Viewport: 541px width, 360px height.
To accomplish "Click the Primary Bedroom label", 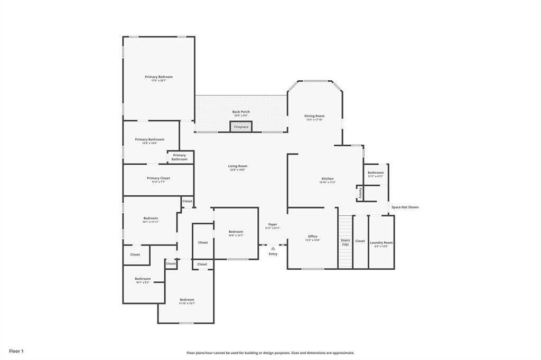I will tap(158, 77).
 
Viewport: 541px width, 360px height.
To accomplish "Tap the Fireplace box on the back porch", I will tap(241, 127).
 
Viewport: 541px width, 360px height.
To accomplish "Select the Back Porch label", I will tap(241, 112).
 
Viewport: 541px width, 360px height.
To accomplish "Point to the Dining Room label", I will tap(314, 116).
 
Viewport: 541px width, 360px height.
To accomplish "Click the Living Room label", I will tap(237, 166).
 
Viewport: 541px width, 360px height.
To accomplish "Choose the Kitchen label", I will tap(328, 179).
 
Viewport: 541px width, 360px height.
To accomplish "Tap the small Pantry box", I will tap(360, 193).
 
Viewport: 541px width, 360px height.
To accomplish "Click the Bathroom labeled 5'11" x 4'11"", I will tap(376, 173).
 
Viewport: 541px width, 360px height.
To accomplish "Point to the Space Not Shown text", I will tap(405, 207).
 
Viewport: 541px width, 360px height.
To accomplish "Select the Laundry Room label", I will tap(381, 243).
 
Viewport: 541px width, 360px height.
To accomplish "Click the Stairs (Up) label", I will tap(345, 242).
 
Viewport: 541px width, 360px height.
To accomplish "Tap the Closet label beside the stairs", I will tap(360, 241).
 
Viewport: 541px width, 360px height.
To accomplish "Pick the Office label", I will tap(313, 236).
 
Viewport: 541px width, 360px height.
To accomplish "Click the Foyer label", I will tap(273, 224).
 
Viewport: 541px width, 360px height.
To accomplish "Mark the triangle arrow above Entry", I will tap(273, 248).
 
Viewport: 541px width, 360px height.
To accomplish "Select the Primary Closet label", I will tap(158, 178).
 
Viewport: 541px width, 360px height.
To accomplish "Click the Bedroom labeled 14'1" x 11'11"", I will tap(151, 219).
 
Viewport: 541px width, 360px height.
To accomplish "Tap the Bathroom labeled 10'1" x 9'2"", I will tap(143, 279).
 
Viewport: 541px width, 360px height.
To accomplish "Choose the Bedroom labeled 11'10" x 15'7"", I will tap(186, 300).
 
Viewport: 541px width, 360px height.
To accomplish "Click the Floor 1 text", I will tap(16, 351).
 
